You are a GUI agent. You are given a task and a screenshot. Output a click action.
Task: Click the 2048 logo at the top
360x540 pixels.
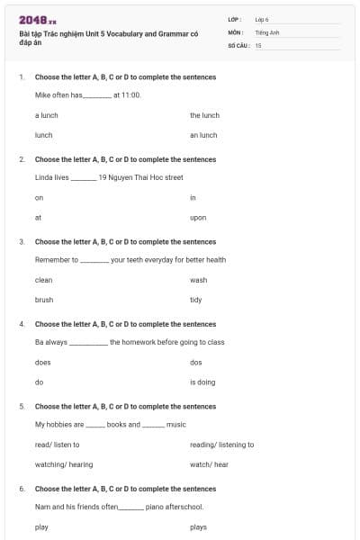pyautogui.click(x=37, y=20)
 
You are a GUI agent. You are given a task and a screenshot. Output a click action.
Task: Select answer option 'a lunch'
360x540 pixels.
pyautogui.click(x=47, y=115)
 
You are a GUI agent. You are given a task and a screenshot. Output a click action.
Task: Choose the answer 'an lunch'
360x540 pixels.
pyautogui.click(x=203, y=135)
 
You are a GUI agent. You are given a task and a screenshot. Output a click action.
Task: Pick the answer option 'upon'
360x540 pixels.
pyautogui.click(x=198, y=218)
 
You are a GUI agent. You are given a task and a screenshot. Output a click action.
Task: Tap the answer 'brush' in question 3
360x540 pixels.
pyautogui.click(x=44, y=300)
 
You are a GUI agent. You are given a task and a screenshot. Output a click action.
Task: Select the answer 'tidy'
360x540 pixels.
pyautogui.click(x=196, y=300)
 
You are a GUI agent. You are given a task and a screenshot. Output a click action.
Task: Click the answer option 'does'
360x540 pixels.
pyautogui.click(x=43, y=362)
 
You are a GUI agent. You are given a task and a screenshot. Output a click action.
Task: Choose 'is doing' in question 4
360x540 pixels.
pyautogui.click(x=202, y=382)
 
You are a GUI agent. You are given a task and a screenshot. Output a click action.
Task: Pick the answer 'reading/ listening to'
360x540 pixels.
pyautogui.click(x=221, y=445)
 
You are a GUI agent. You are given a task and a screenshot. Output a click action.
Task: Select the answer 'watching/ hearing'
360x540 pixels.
pyautogui.click(x=64, y=464)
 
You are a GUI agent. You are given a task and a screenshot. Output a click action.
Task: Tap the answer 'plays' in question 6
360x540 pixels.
pyautogui.click(x=199, y=526)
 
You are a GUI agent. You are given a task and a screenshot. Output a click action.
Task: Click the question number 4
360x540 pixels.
pyautogui.click(x=22, y=324)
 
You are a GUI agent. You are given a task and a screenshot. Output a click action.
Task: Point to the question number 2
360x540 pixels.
pyautogui.click(x=22, y=159)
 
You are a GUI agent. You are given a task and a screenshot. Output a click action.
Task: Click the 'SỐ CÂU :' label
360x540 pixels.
pyautogui.click(x=238, y=44)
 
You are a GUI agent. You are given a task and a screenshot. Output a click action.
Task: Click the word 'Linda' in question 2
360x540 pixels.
pyautogui.click(x=44, y=177)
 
